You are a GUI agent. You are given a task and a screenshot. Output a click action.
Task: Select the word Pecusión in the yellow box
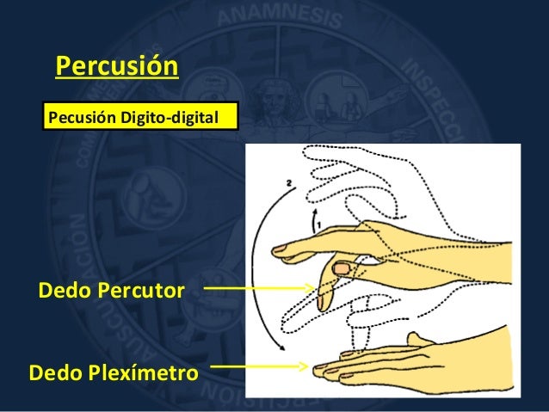(80, 115)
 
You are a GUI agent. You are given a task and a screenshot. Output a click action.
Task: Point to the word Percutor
(142, 292)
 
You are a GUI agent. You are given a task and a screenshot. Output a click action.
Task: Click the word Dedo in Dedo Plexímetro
(55, 374)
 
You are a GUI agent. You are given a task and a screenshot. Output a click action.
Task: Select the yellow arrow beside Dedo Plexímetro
(258, 366)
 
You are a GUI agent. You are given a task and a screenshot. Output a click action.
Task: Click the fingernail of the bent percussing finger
(342, 270)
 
